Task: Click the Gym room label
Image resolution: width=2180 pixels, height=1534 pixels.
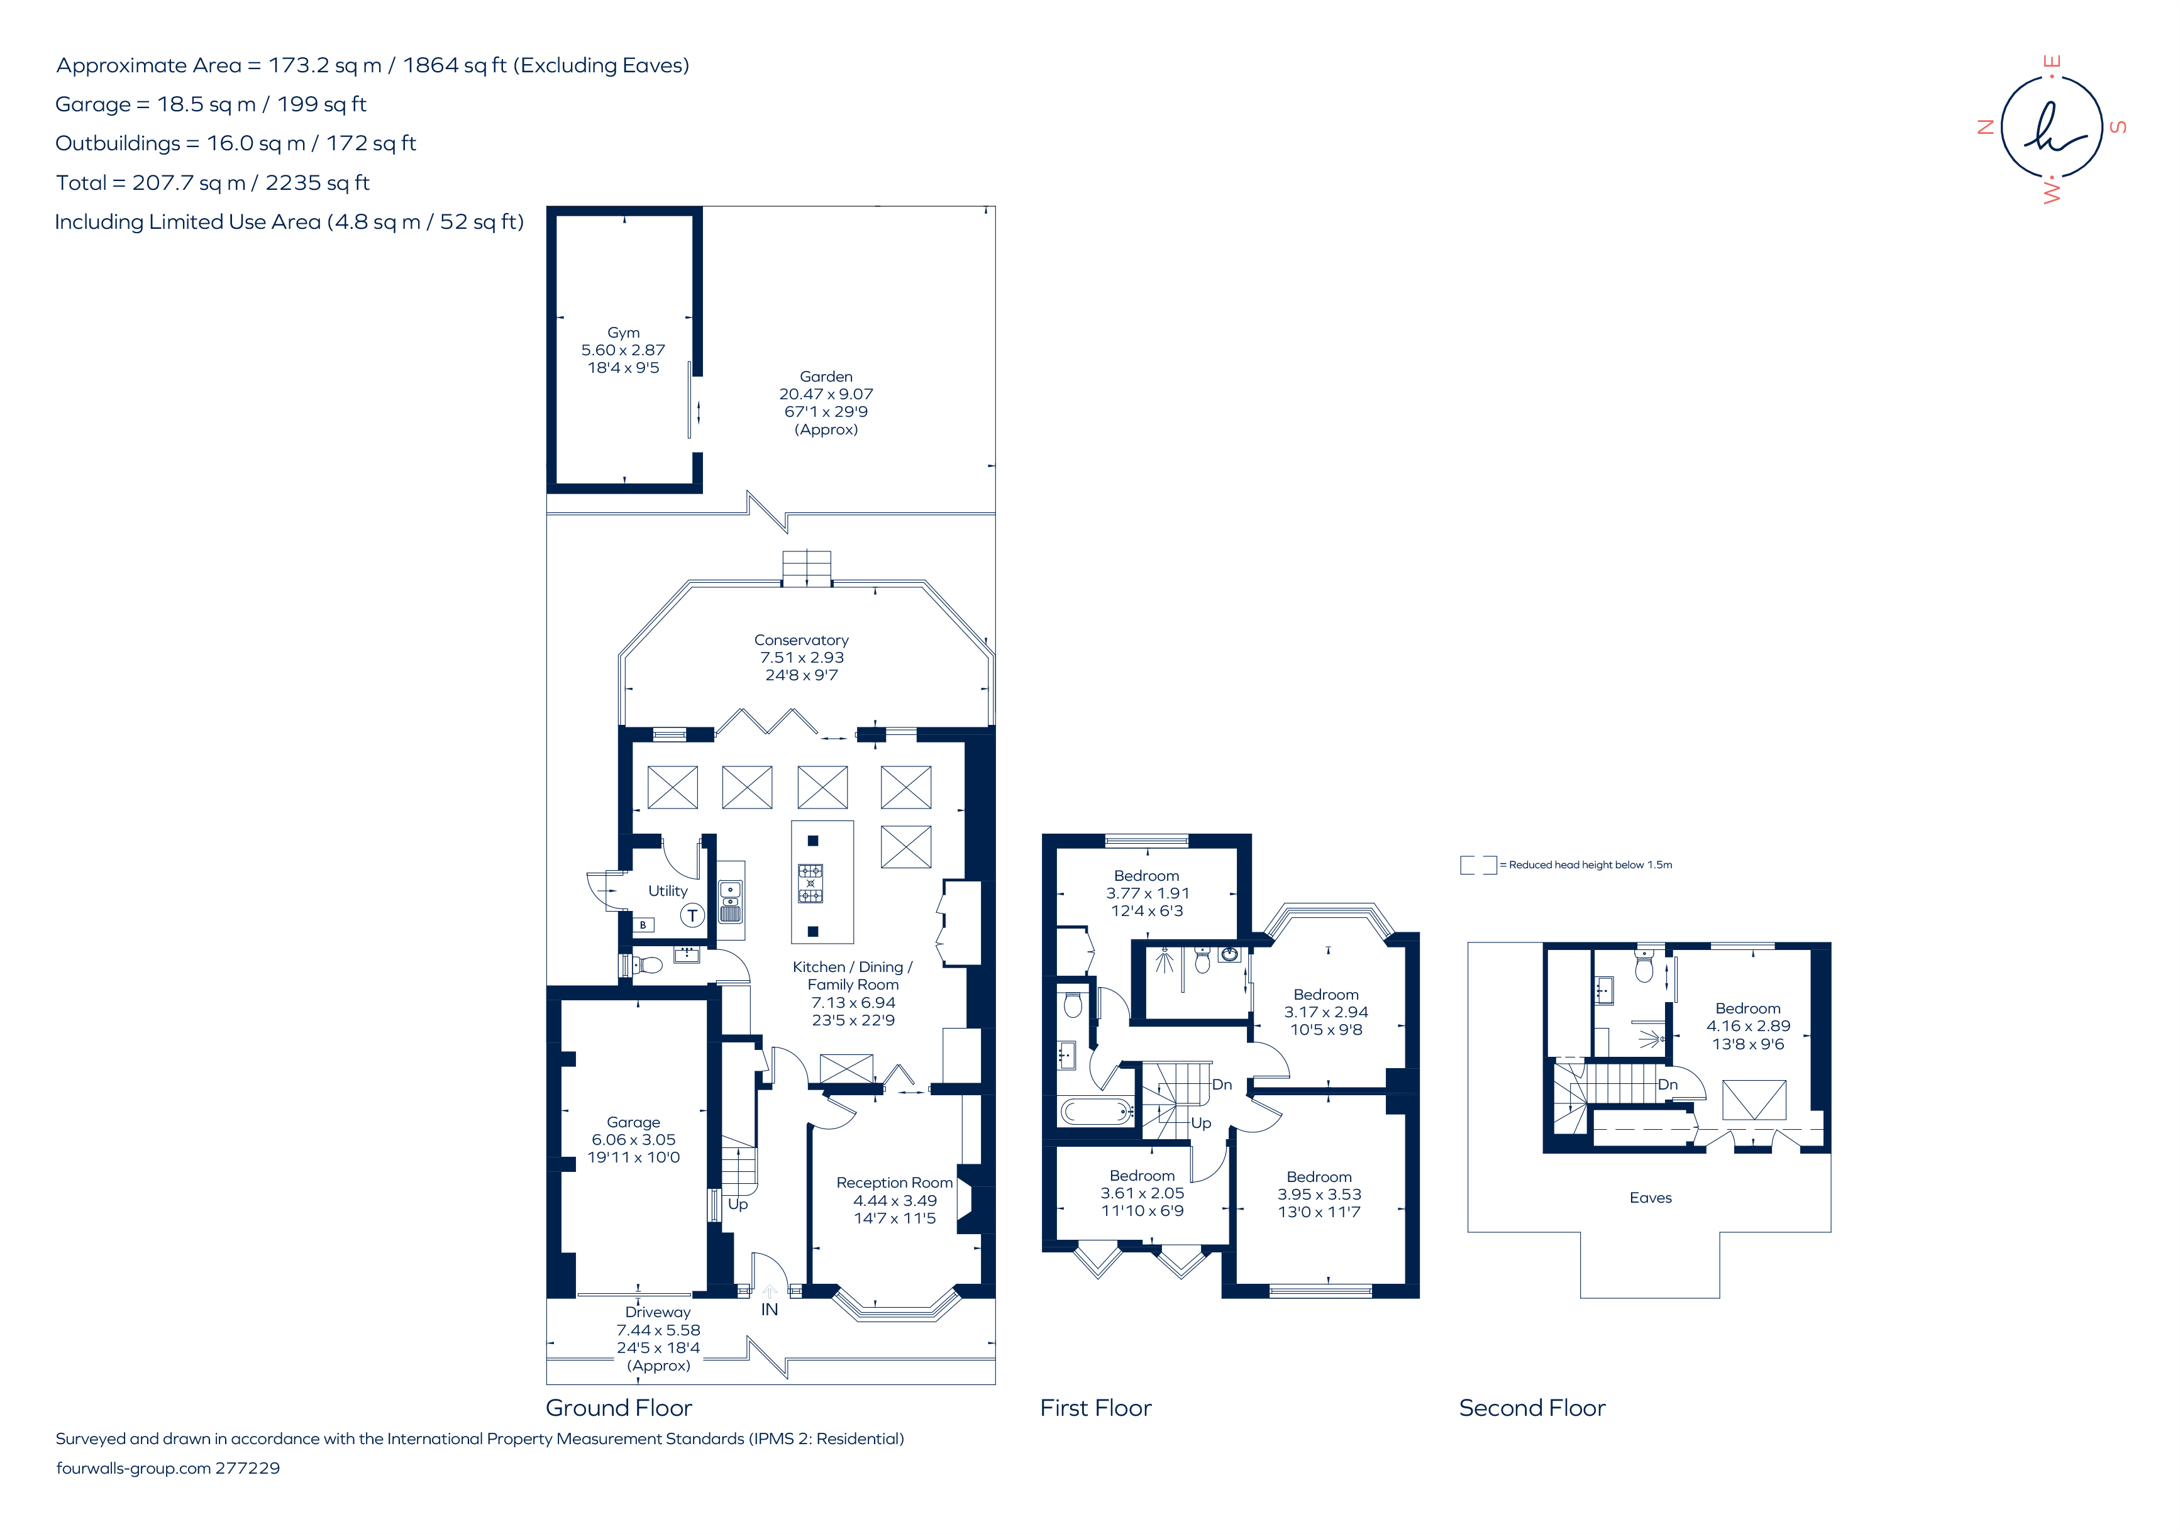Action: pyautogui.click(x=623, y=332)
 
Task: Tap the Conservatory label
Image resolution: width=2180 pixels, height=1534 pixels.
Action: pyautogui.click(x=801, y=640)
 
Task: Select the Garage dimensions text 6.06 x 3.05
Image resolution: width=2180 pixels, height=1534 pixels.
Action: pyautogui.click(x=633, y=1139)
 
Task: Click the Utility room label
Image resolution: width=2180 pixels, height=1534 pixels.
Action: pyautogui.click(x=668, y=890)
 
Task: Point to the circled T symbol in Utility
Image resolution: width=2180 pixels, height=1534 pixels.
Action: pyautogui.click(x=692, y=915)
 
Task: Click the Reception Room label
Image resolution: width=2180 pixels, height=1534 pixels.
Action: pyautogui.click(x=894, y=1183)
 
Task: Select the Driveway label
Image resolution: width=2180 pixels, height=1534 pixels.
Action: pyautogui.click(x=658, y=1312)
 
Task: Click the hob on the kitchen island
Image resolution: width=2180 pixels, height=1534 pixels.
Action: pyautogui.click(x=810, y=883)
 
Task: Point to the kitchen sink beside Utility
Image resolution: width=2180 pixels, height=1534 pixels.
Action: pyautogui.click(x=730, y=902)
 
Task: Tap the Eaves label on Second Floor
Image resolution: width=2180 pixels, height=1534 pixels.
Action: pyautogui.click(x=1650, y=1198)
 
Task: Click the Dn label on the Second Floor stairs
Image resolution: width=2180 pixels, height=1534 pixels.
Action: pyautogui.click(x=1668, y=1084)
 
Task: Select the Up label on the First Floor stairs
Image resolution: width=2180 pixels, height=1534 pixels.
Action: pyautogui.click(x=1201, y=1123)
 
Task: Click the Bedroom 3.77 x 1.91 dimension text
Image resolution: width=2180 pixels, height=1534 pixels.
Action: pyautogui.click(x=1147, y=893)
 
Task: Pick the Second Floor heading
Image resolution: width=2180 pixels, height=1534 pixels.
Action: pyautogui.click(x=1532, y=1408)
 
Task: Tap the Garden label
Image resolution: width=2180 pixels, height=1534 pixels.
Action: pyautogui.click(x=826, y=377)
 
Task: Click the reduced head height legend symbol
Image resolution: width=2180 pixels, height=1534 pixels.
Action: pyautogui.click(x=1478, y=865)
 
